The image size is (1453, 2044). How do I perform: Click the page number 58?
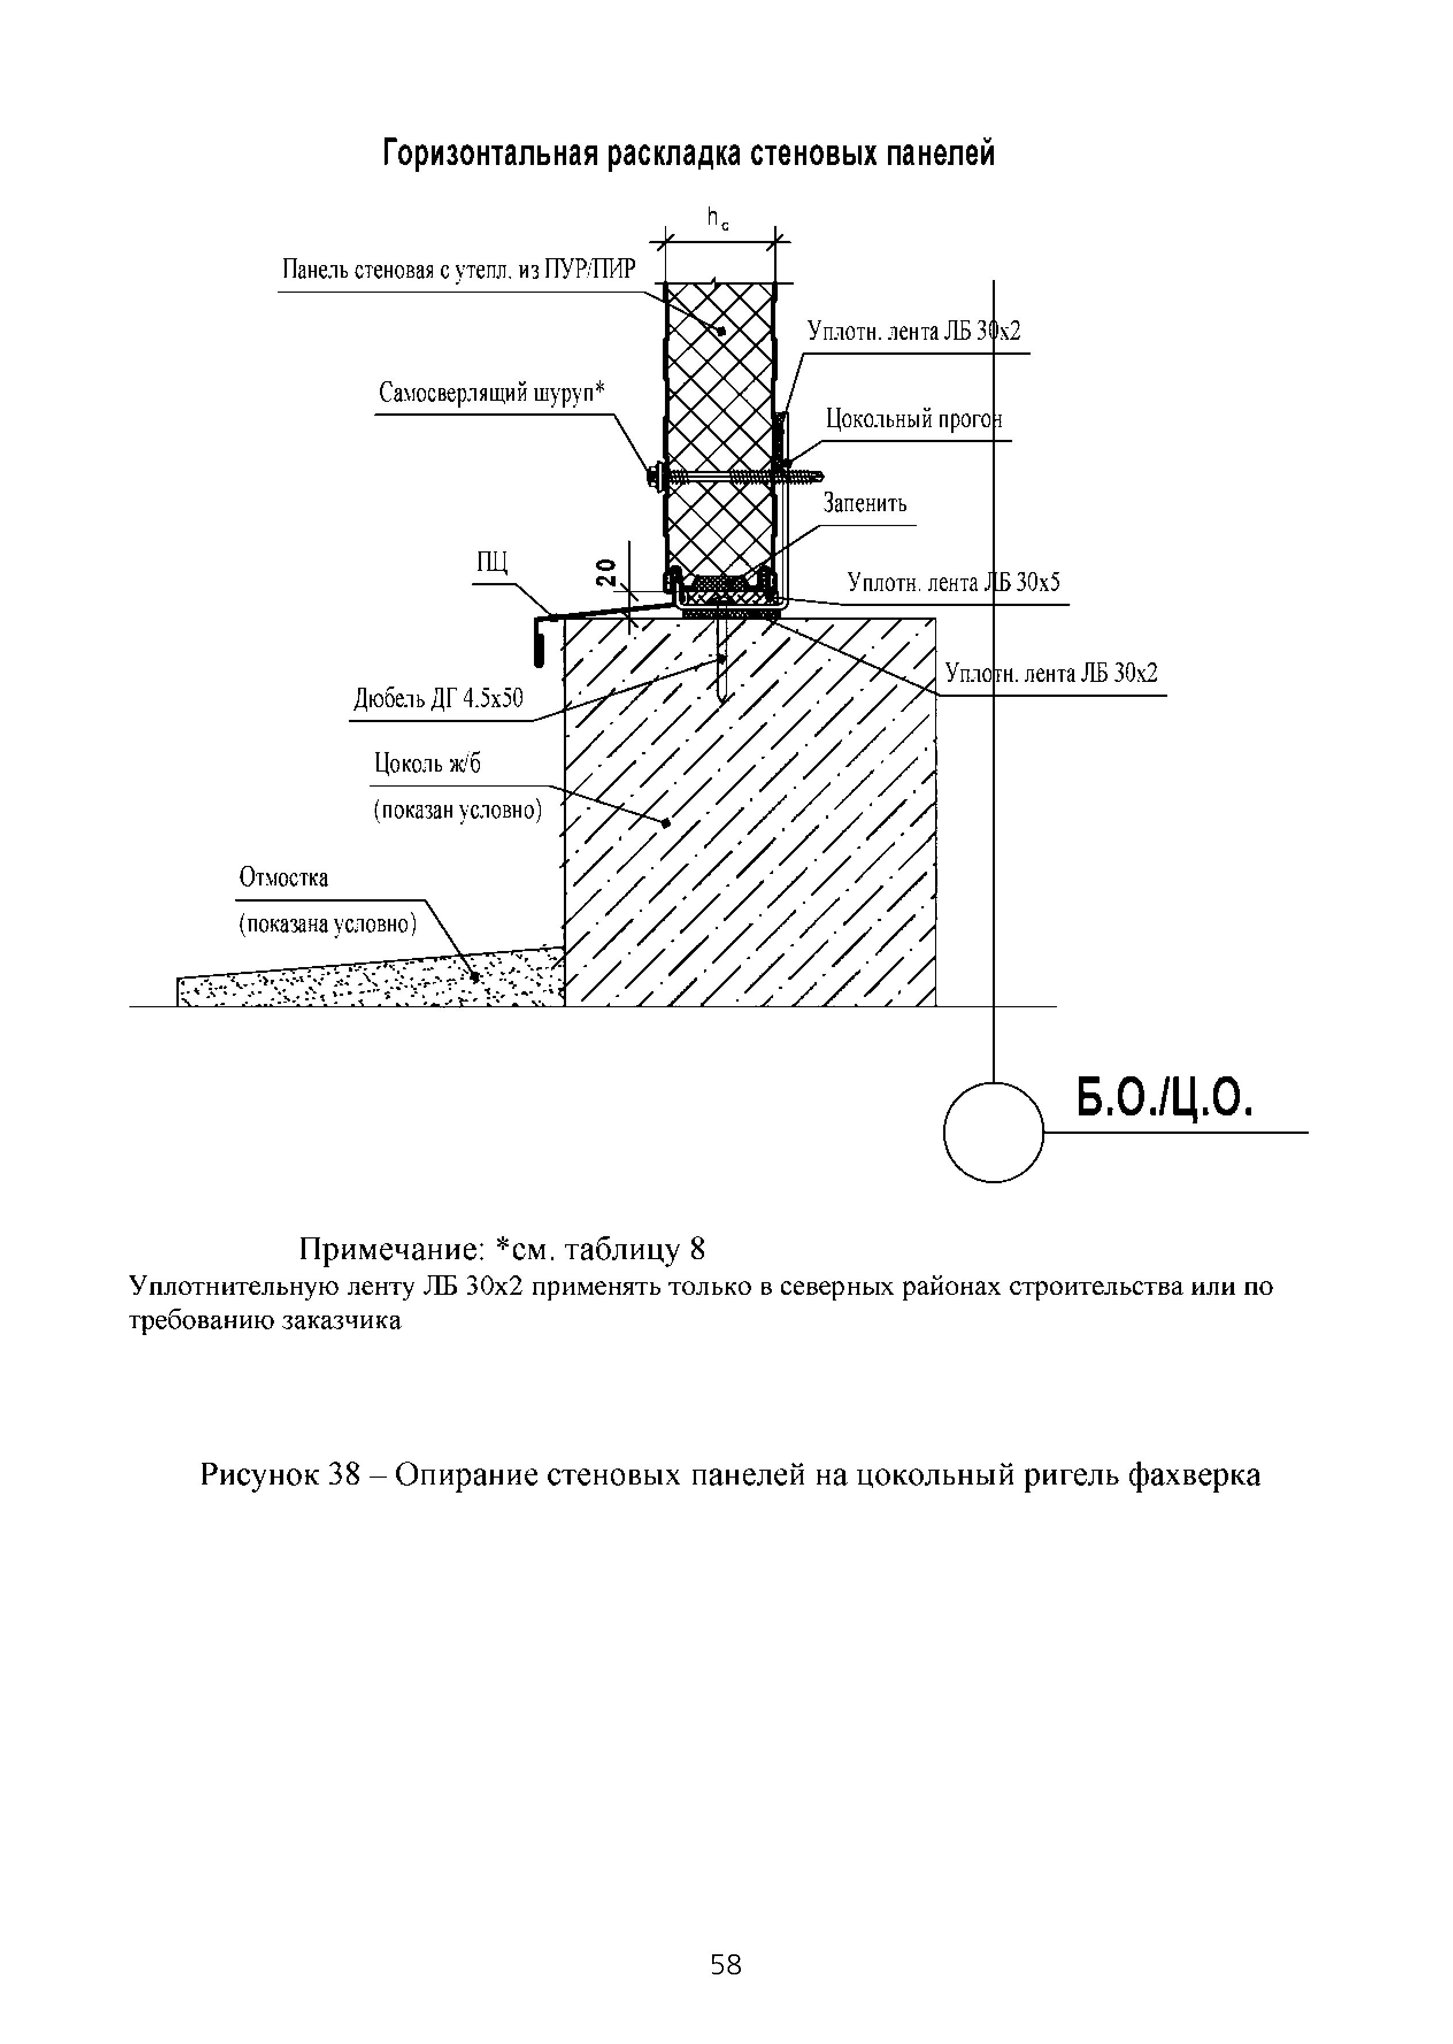coord(725,1964)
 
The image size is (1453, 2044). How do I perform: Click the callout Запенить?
coord(864,504)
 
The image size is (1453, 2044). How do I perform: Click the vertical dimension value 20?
coord(606,571)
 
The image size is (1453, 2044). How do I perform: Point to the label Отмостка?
coord(283,877)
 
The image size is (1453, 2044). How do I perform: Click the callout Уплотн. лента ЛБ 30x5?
coord(953,584)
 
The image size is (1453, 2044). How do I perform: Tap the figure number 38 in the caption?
coord(344,1475)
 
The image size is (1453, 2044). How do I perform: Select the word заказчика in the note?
coord(341,1321)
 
